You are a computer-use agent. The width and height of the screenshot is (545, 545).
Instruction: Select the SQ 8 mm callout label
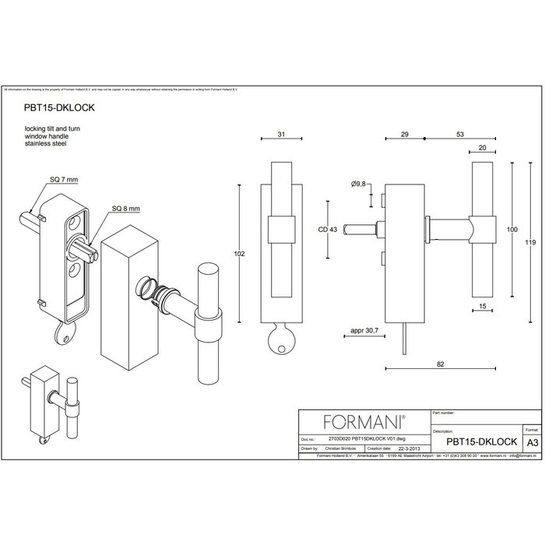coord(125,209)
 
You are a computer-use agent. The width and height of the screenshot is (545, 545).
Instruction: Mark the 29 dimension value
coord(404,135)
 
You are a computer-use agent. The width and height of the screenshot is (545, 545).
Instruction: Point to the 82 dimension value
coord(441,364)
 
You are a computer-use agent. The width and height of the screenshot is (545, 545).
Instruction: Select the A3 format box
coord(532,441)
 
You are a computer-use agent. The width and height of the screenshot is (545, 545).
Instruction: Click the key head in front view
coord(278,343)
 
